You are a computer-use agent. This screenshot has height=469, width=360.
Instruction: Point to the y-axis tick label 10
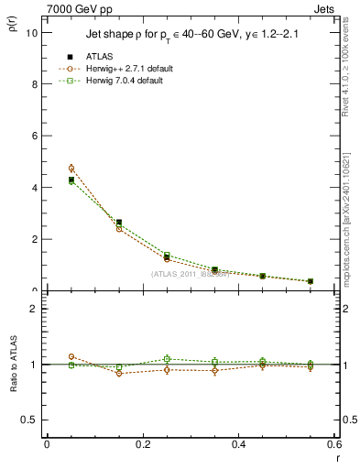pyautogui.click(x=32, y=32)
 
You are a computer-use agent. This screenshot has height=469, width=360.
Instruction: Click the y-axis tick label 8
pyautogui.click(x=35, y=84)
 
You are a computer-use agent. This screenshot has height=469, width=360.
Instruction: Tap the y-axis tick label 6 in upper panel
pyautogui.click(x=35, y=136)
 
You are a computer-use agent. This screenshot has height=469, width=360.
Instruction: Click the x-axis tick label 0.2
pyautogui.click(x=142, y=444)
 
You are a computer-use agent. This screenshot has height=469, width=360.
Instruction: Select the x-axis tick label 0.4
pyautogui.click(x=238, y=444)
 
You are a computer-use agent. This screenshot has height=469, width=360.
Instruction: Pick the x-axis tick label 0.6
pyautogui.click(x=333, y=444)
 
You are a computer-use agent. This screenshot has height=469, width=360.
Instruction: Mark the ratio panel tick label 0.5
pyautogui.click(x=30, y=420)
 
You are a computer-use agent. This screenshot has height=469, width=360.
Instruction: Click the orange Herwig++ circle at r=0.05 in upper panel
pyautogui.click(x=71, y=169)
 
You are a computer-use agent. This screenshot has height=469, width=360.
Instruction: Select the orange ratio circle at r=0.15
pyautogui.click(x=119, y=373)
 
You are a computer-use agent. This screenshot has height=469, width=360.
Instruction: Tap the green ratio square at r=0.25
pyautogui.click(x=167, y=359)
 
